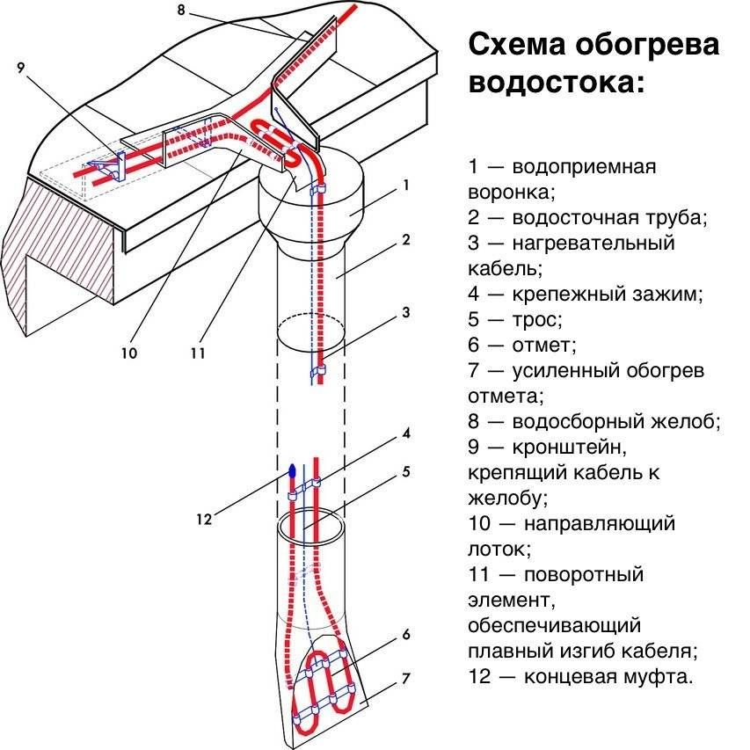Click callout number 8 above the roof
point(181,10)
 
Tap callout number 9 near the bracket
point(20,68)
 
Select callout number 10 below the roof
point(129,353)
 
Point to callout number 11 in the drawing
point(198,353)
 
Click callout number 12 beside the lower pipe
point(204,519)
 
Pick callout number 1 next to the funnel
point(406,186)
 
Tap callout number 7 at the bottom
point(406,679)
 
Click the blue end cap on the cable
point(292,470)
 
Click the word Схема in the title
point(517,45)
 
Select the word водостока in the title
point(557,83)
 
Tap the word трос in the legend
point(536,319)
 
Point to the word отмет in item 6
point(543,345)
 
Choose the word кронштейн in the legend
point(569,448)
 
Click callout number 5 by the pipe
point(406,472)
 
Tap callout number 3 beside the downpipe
point(406,312)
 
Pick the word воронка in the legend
point(511,193)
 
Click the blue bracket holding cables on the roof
point(120,166)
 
